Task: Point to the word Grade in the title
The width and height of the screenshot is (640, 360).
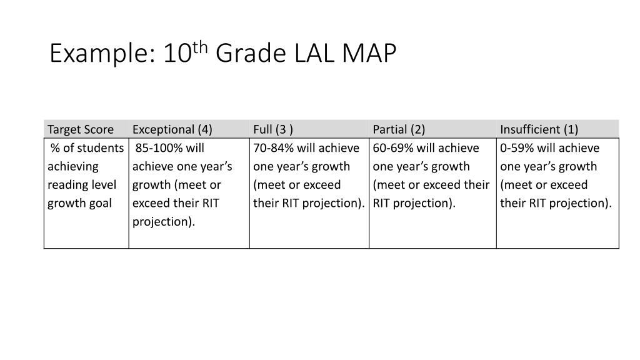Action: click(x=251, y=55)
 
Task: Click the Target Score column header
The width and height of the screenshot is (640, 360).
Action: click(x=81, y=129)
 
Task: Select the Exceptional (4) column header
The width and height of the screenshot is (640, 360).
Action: click(x=172, y=129)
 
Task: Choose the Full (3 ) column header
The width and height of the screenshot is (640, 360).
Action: click(x=273, y=129)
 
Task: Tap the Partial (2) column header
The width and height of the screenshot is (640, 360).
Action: click(x=399, y=129)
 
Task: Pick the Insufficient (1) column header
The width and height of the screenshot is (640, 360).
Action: click(x=539, y=129)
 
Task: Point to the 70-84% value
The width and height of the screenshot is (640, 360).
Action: click(x=273, y=148)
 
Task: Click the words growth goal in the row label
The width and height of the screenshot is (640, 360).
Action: click(x=79, y=203)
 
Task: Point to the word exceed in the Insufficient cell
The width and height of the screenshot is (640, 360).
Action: click(x=570, y=185)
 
